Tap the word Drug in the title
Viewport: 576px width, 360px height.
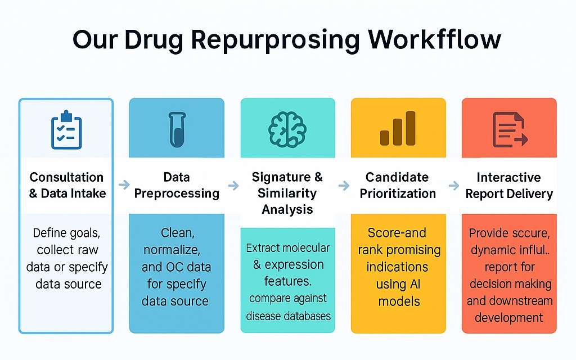click(x=154, y=40)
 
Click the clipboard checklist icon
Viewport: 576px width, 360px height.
click(x=66, y=130)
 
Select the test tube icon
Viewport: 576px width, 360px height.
click(x=177, y=130)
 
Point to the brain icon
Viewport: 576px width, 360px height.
click(x=287, y=130)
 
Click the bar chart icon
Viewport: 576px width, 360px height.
click(x=398, y=128)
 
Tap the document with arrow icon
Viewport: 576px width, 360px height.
click(x=510, y=130)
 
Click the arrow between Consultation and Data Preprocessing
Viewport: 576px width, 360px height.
click(x=124, y=184)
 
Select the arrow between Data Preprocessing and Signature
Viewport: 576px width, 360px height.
click(x=233, y=185)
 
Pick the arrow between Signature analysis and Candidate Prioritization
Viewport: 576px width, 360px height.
click(x=344, y=185)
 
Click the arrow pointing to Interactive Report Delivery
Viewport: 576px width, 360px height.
click(x=454, y=185)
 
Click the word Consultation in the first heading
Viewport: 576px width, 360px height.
click(x=66, y=177)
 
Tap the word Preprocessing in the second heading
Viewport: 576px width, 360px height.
click(x=177, y=193)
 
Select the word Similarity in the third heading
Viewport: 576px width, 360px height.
click(x=287, y=193)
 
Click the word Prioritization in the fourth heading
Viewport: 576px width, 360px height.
click(x=398, y=193)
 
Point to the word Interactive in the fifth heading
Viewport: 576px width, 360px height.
click(x=508, y=177)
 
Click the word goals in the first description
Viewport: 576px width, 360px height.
click(x=83, y=233)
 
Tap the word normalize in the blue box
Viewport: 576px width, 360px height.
click(x=172, y=250)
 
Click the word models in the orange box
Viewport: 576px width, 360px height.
click(x=399, y=301)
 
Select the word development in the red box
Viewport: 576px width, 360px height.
click(x=508, y=318)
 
